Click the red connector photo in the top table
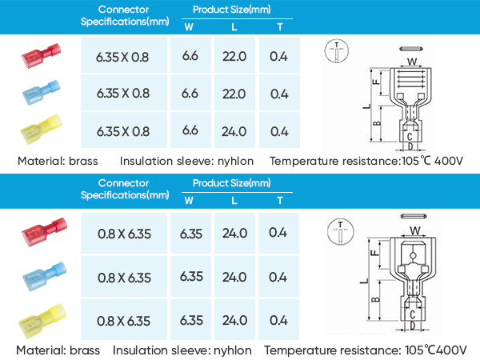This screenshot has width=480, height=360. [41, 56]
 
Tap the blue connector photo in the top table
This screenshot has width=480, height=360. [42, 93]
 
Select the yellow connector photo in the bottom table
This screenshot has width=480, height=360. [42, 321]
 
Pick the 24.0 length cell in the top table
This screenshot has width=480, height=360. [234, 132]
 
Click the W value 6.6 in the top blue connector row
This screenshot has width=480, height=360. [190, 94]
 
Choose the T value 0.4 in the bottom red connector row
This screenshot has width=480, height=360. [278, 233]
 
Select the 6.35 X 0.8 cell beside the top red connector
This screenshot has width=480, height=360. [122, 58]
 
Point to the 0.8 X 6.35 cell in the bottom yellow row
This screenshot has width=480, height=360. [124, 321]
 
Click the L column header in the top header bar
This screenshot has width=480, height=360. [234, 27]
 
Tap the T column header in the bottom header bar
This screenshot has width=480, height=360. [280, 201]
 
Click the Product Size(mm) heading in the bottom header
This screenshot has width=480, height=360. [232, 183]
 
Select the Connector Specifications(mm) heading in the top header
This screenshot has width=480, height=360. [125, 16]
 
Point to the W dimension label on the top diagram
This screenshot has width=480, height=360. [412, 62]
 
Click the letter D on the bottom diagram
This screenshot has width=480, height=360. [412, 326]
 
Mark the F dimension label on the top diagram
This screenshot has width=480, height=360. [376, 82]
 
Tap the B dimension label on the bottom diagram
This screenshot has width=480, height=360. [376, 300]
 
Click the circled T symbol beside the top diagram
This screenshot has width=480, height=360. [337, 51]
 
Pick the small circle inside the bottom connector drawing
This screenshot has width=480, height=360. [413, 256]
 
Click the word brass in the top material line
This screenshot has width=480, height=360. [83, 161]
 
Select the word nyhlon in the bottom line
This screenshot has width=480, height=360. [232, 350]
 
